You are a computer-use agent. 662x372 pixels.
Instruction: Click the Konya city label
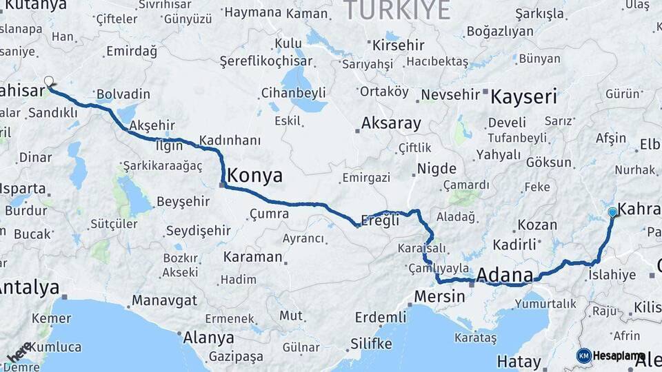click(254, 176)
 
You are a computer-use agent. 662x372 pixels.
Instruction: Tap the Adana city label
click(505, 276)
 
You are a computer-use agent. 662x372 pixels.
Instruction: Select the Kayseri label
click(523, 96)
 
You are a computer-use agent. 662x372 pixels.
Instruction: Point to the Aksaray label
click(391, 124)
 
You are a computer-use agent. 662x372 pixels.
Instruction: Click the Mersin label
click(439, 297)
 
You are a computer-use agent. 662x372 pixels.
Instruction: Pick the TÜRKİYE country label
click(397, 10)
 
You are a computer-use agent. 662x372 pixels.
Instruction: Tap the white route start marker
click(49, 81)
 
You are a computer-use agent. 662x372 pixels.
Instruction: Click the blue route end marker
click(612, 212)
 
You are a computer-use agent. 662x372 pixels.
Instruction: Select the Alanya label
click(208, 338)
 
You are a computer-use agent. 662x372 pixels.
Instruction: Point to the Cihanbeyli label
click(293, 92)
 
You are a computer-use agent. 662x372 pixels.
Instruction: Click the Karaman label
click(253, 257)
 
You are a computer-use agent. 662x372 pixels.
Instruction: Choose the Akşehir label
click(148, 125)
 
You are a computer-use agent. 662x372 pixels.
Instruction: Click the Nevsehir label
click(450, 94)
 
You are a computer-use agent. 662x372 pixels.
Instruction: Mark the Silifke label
click(371, 344)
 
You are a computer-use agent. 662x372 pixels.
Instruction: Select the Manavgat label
click(164, 300)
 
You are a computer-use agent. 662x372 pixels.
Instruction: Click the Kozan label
click(537, 225)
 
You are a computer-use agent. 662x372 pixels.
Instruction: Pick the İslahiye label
click(612, 275)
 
